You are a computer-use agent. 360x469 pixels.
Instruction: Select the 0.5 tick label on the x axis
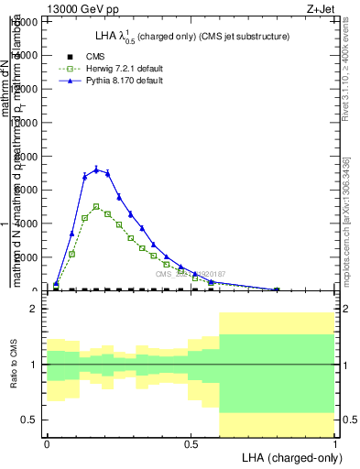point(191,444)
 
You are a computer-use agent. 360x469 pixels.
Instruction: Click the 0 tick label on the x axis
point(47,444)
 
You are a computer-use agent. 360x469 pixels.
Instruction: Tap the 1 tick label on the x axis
point(335,444)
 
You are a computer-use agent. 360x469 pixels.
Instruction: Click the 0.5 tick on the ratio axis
point(30,420)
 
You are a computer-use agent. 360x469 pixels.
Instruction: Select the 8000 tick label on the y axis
point(27,157)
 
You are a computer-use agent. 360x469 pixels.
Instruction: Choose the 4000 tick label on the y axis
point(27,224)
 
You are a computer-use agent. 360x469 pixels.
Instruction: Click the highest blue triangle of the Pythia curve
point(96,169)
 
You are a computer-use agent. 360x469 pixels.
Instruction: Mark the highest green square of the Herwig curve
point(96,206)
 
